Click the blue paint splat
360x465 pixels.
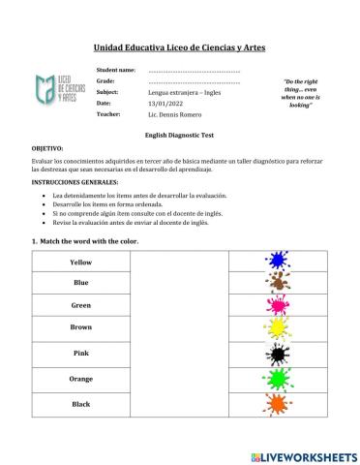pos(277,262)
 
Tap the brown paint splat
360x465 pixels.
pos(277,284)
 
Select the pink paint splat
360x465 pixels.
pos(277,306)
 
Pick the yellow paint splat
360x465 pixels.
pos(277,329)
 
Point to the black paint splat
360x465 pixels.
pos(277,354)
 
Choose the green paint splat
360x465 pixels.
pos(277,378)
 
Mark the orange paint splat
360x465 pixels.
pos(277,401)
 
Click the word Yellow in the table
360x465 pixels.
pos(81,263)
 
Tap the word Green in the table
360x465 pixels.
pos(81,305)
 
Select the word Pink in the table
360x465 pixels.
pos(81,353)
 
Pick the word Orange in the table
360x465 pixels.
pos(81,378)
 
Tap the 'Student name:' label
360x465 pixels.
pos(116,71)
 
